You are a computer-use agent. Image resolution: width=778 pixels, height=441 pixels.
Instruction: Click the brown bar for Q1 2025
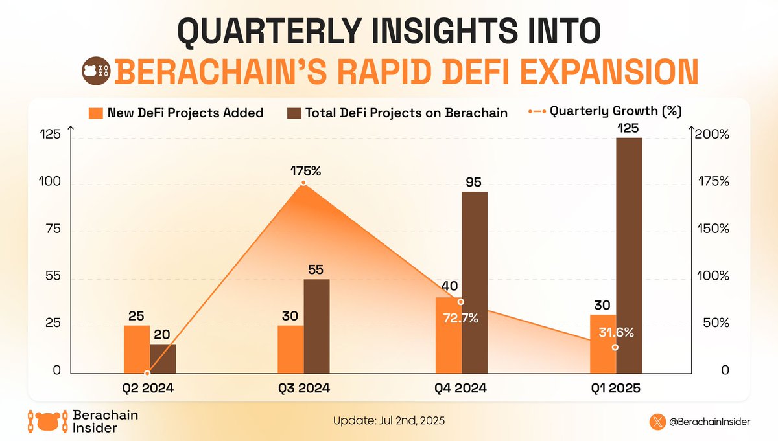click(629, 255)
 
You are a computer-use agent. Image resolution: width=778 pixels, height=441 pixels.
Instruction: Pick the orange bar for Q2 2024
click(136, 349)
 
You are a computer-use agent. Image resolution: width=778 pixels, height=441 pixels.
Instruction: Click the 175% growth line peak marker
click(303, 184)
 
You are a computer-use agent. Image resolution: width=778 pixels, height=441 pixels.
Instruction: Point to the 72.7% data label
click(461, 318)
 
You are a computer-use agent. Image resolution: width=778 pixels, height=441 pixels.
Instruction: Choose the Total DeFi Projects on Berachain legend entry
click(397, 113)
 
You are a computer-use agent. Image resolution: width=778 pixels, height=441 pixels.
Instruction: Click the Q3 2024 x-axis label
click(304, 389)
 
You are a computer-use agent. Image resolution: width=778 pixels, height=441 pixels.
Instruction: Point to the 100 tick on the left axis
click(52, 183)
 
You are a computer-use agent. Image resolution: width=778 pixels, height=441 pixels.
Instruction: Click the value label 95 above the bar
click(473, 182)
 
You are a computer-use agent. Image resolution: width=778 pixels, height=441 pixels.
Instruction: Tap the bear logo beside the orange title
click(96, 71)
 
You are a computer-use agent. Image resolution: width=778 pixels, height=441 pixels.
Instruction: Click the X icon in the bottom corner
click(658, 421)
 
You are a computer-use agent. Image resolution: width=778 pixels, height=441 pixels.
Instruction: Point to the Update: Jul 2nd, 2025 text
click(389, 420)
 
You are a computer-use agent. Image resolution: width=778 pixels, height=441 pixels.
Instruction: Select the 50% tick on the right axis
click(716, 324)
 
